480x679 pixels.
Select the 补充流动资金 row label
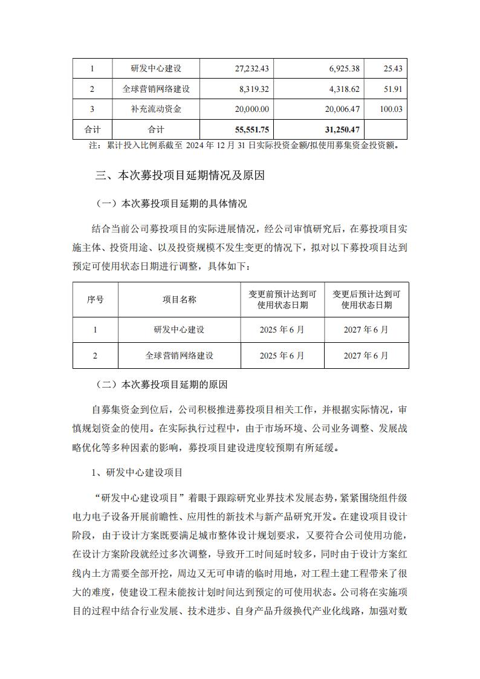tap(156, 109)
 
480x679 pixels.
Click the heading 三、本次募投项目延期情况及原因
tap(180, 176)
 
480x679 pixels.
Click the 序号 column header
tap(95, 299)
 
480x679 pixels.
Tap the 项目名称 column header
tap(179, 299)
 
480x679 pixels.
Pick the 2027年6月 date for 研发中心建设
tap(366, 330)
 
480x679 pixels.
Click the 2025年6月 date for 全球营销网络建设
tap(282, 356)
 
